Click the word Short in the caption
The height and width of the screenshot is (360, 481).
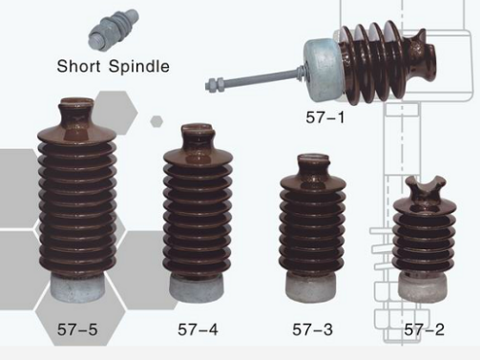tap(78, 66)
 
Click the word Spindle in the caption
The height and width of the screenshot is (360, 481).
tap(139, 66)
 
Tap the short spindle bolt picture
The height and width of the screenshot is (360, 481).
tap(114, 31)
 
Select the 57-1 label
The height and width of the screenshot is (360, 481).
tap(325, 117)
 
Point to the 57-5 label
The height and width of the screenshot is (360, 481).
tap(77, 329)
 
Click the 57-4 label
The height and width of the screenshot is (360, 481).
tap(198, 329)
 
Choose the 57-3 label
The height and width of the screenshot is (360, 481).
tap(312, 329)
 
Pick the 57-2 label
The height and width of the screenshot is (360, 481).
tap(424, 329)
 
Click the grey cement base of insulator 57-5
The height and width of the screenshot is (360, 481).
tap(77, 287)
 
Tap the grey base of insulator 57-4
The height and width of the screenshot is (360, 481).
tap(197, 287)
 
